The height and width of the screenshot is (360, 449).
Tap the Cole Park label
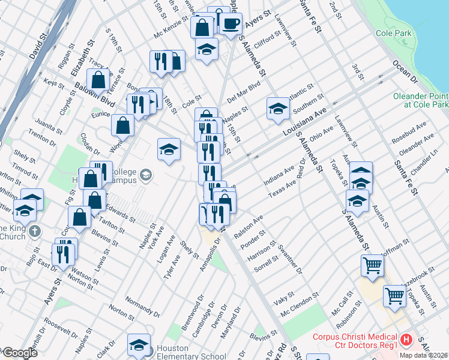(x=394, y=34)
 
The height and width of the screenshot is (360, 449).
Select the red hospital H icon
(x=407, y=340)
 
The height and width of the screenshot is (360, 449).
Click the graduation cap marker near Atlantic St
(x=278, y=109)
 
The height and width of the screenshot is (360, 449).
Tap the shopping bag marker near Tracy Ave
(x=98, y=80)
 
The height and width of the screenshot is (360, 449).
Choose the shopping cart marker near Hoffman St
(x=372, y=265)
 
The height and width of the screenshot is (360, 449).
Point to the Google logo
(x=19, y=353)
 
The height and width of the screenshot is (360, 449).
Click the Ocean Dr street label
(x=405, y=70)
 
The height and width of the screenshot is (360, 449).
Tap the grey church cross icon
(x=35, y=230)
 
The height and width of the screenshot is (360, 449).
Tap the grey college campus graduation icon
(x=145, y=175)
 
